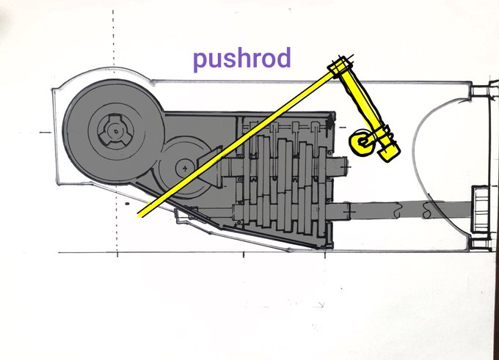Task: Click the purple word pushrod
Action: point(241,58)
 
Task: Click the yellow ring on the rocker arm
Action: point(361,144)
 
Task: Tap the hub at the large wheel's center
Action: point(114,131)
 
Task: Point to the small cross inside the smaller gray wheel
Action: point(183,168)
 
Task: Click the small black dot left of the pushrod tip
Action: point(126,199)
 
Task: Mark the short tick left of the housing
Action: point(44,132)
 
